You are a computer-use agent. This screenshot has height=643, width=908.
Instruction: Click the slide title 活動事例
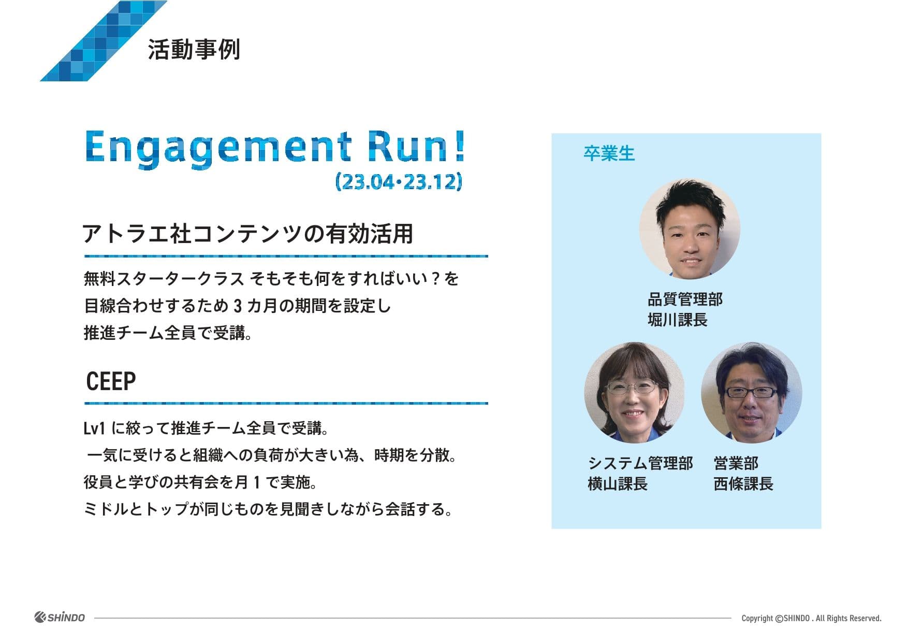[x=194, y=50]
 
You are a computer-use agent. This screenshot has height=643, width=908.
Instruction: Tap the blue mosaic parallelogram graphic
[x=104, y=41]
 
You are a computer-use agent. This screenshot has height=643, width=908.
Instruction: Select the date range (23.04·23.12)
[x=399, y=182]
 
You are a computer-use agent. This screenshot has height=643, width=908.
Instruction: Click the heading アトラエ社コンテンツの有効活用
[x=247, y=234]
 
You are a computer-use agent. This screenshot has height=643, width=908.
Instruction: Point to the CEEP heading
[x=111, y=381]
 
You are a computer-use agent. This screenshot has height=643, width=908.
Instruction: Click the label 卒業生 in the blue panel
[x=609, y=153]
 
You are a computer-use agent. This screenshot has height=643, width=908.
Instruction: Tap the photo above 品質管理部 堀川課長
[x=690, y=229]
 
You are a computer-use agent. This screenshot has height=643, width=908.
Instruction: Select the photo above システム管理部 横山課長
[x=635, y=392]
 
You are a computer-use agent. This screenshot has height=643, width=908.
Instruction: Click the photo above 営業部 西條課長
[x=752, y=392]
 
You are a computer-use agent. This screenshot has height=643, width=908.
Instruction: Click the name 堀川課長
[x=677, y=320]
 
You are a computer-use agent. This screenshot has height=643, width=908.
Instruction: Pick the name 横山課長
[x=618, y=484]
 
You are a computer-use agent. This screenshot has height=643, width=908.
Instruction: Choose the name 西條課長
[x=743, y=484]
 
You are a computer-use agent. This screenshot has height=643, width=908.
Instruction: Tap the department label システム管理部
[x=640, y=463]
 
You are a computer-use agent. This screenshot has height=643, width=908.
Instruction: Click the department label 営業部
[x=736, y=463]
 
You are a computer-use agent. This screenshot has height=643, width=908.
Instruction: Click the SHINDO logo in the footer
[x=60, y=617]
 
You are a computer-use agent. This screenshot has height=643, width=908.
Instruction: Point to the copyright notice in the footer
[x=811, y=618]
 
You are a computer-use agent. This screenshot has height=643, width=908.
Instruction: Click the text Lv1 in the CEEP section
[x=95, y=428]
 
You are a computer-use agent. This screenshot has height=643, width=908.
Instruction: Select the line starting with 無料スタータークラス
[x=271, y=279]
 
